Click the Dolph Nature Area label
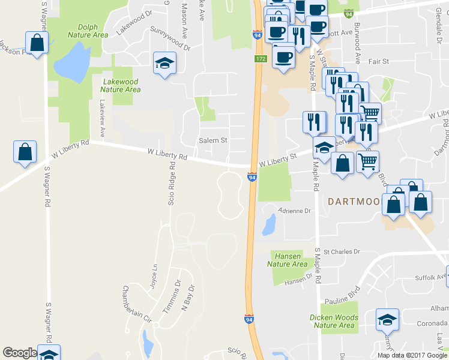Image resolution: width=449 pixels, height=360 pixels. [92, 31]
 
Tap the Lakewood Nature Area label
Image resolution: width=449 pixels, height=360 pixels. [121, 86]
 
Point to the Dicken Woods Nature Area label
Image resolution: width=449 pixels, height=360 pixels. [334, 321]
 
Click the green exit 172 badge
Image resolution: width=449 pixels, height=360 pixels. [260, 59]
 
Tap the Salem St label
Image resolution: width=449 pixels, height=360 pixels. [213, 140]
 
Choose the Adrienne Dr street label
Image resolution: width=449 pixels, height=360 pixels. [295, 211]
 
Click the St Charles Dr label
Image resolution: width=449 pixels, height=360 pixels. [342, 251]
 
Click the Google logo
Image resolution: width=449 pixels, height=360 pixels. [20, 353]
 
